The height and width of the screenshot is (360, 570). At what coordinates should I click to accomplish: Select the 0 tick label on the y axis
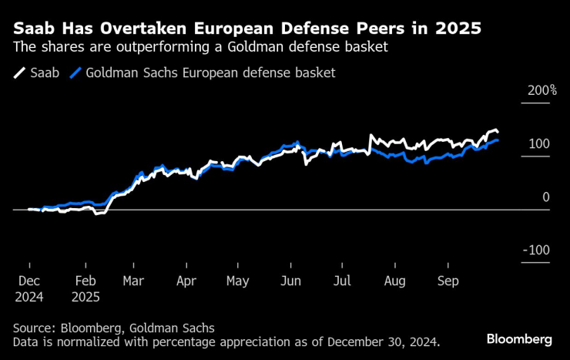click(x=545, y=197)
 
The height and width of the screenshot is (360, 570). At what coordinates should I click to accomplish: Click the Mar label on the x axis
click(x=132, y=281)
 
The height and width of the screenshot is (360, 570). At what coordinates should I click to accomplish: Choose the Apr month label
click(x=186, y=281)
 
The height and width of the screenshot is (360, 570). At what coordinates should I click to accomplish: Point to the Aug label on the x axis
click(x=395, y=281)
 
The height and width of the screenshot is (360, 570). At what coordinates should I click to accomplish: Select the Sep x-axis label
click(x=448, y=281)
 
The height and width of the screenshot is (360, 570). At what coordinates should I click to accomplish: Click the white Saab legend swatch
click(x=19, y=73)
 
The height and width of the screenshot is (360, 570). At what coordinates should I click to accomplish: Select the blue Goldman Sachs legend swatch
click(x=75, y=73)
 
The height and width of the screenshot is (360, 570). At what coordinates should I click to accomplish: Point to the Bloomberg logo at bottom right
click(x=519, y=338)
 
